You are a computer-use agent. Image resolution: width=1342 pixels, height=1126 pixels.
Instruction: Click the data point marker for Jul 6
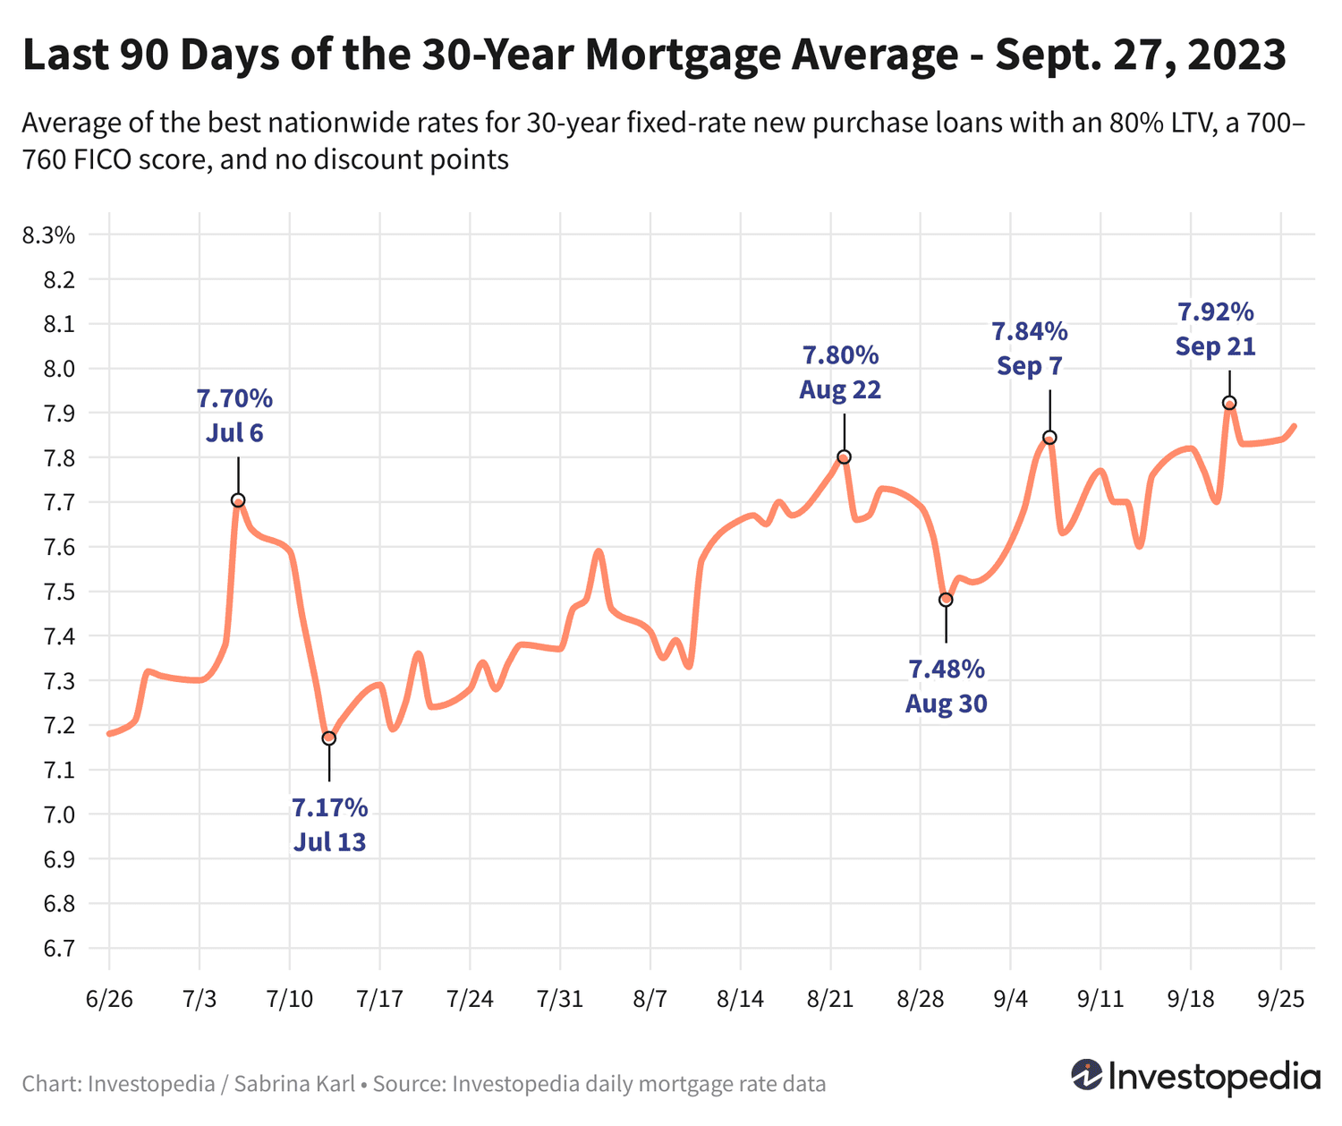tap(238, 500)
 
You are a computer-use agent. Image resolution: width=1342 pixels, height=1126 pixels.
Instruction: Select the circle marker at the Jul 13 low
tap(328, 738)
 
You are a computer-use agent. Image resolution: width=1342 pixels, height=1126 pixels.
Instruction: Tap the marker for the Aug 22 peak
tap(844, 456)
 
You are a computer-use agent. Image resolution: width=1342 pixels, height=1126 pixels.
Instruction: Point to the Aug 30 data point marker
tap(946, 600)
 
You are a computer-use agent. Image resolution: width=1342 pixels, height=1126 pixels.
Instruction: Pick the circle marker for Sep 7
tap(1049, 438)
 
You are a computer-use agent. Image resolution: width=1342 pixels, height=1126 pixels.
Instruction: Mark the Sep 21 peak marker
tap(1229, 403)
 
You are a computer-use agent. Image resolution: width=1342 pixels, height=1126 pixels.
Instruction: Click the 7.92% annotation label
tap(1215, 312)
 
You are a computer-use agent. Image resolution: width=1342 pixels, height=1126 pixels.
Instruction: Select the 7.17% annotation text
tap(329, 808)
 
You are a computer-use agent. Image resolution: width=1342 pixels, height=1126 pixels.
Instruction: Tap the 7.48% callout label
tap(946, 670)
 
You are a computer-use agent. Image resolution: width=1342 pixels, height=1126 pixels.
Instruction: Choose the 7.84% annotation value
tap(1029, 332)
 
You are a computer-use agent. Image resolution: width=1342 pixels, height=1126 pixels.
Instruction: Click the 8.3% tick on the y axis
tap(48, 236)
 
